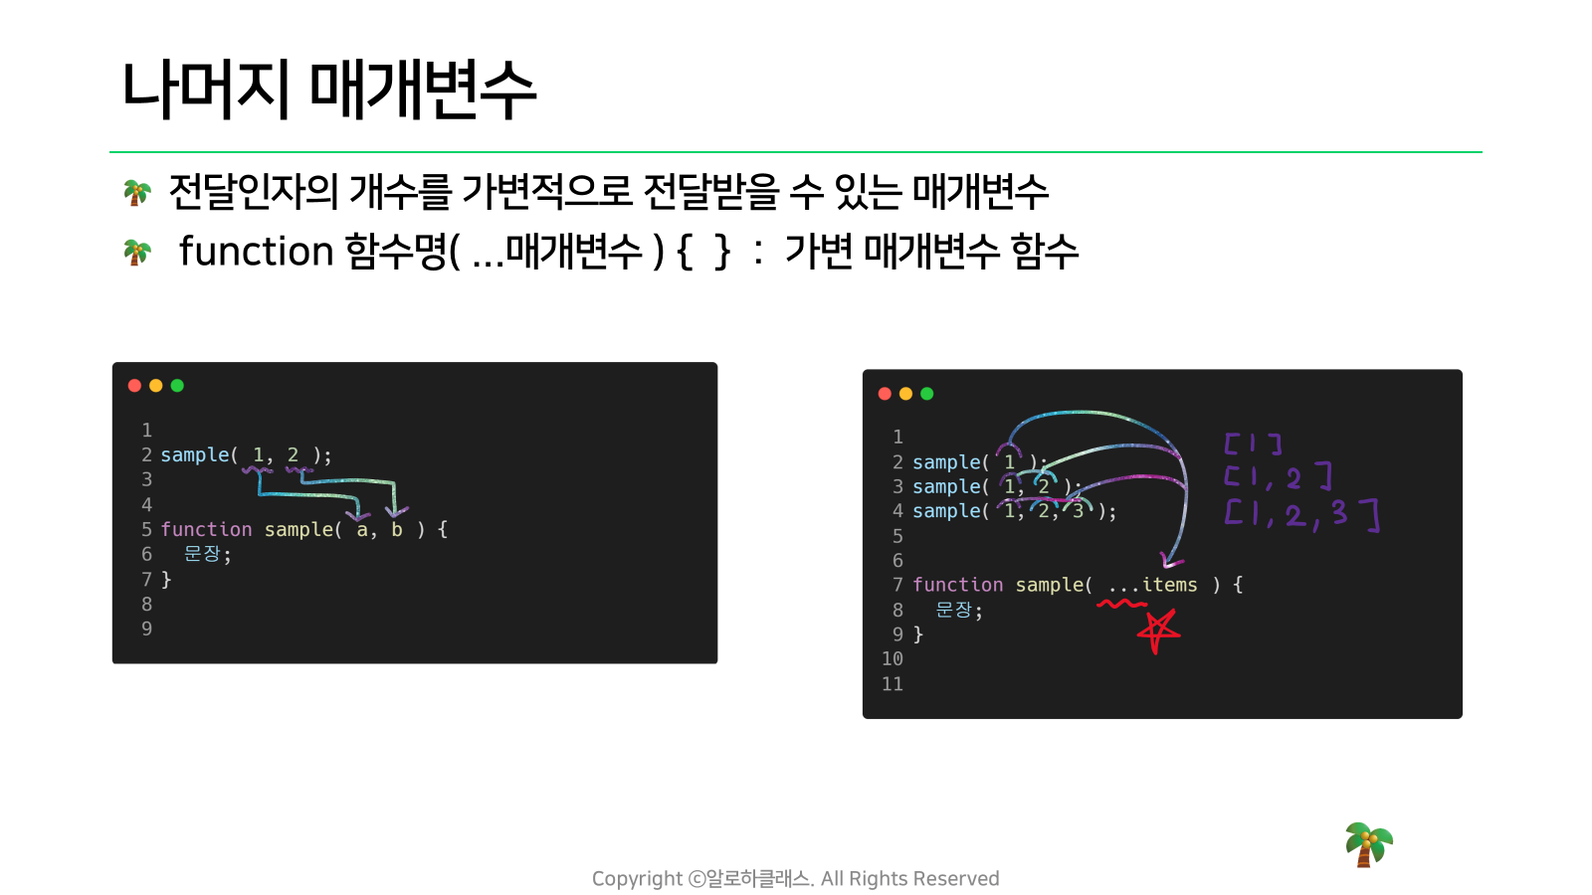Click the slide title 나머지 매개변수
(x=328, y=89)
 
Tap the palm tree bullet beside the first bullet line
(x=137, y=193)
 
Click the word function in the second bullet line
(x=256, y=251)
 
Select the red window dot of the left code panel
(x=134, y=386)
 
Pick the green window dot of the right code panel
(x=926, y=394)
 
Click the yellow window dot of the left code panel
(x=155, y=386)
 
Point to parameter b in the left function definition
(x=397, y=529)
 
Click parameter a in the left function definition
(x=362, y=530)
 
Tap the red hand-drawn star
(x=1158, y=630)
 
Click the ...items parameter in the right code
(x=1153, y=585)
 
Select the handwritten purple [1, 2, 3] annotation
(x=1302, y=514)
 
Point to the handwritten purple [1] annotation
(x=1253, y=444)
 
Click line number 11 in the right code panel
(x=892, y=684)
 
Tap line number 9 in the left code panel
(x=146, y=628)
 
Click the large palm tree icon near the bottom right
(x=1368, y=844)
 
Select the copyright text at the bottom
(x=795, y=879)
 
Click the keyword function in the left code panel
(x=206, y=529)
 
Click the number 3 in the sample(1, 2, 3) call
(x=1078, y=511)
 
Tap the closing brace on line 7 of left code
(x=166, y=580)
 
